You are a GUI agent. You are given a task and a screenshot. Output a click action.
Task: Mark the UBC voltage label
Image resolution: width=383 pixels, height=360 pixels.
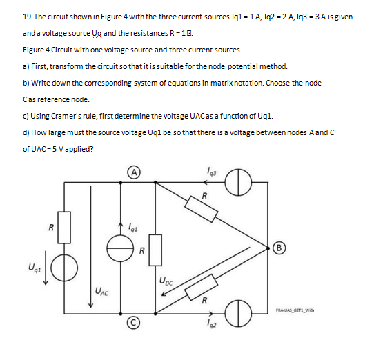tap(166, 280)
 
